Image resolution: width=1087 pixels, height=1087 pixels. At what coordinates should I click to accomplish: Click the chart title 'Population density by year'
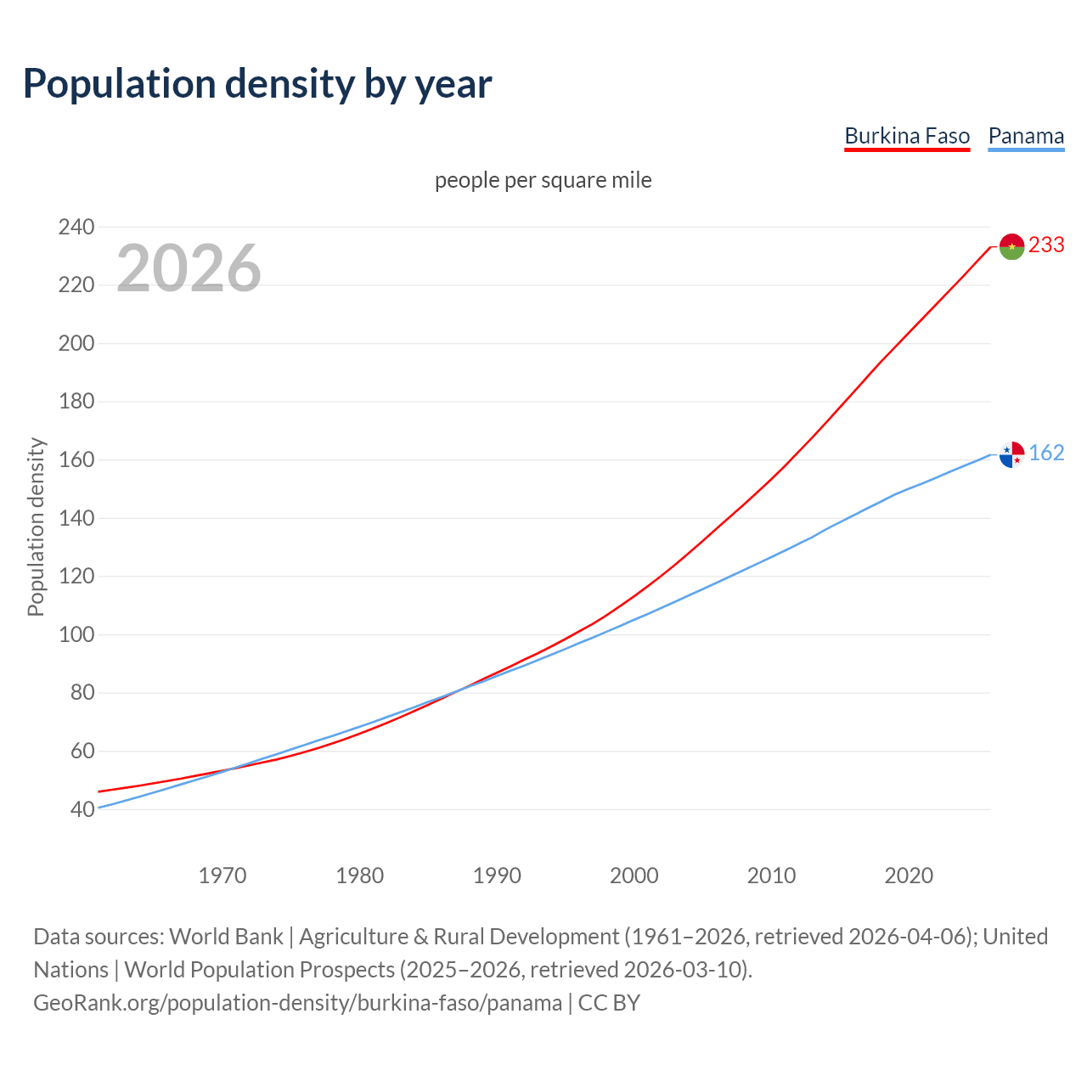(257, 83)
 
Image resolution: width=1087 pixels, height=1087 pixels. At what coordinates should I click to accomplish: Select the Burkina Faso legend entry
(906, 136)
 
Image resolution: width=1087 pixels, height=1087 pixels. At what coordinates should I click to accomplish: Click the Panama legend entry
(1026, 136)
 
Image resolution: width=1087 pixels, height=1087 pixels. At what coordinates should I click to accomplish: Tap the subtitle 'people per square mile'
(543, 180)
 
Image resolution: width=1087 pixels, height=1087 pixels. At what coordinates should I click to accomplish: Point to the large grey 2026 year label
(189, 268)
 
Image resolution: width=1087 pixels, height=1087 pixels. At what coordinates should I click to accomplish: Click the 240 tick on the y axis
(76, 227)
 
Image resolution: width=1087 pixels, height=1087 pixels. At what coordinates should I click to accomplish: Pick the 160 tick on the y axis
(76, 459)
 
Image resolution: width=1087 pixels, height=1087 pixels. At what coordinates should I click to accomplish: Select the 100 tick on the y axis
(76, 634)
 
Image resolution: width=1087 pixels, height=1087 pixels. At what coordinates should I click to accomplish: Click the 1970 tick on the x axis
(222, 876)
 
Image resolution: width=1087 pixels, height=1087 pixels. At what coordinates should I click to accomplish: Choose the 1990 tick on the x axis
(497, 876)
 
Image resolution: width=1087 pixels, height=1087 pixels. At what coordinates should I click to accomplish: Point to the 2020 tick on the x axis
(909, 876)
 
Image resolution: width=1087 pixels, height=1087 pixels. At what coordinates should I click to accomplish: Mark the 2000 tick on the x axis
(634, 876)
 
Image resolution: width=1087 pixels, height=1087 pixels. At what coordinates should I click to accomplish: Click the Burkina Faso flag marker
(1011, 246)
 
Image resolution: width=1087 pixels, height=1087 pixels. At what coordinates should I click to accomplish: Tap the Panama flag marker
(1011, 454)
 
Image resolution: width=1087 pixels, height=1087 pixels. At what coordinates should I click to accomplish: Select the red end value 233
(1046, 245)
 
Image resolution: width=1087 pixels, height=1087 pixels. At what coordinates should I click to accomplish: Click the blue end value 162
(1046, 453)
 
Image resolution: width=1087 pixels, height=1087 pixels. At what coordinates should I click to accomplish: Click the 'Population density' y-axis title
(36, 527)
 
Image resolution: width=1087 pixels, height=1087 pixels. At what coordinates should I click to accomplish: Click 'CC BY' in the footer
(609, 1002)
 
